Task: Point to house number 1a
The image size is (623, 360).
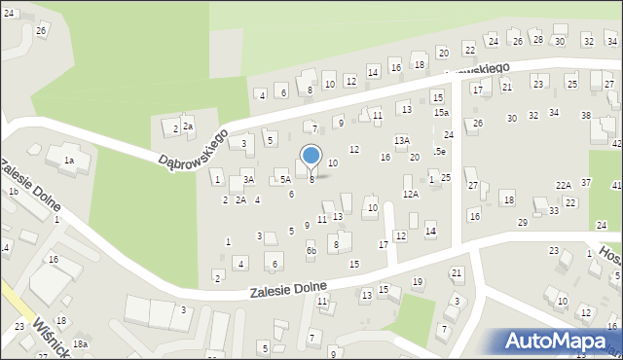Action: pyautogui.click(x=69, y=160)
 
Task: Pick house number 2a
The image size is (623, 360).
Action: pyautogui.click(x=188, y=126)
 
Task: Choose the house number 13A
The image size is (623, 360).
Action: pyautogui.click(x=401, y=140)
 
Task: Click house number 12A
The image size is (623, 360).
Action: pyautogui.click(x=411, y=194)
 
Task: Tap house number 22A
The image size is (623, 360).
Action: pyautogui.click(x=564, y=185)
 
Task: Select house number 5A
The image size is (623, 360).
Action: pyautogui.click(x=285, y=179)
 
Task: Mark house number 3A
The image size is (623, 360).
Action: pyautogui.click(x=248, y=180)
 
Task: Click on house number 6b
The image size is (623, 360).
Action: pyautogui.click(x=311, y=250)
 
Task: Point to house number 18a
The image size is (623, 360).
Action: pyautogui.click(x=82, y=344)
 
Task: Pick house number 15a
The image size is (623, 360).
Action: pyautogui.click(x=441, y=113)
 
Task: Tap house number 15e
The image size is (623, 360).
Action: pyautogui.click(x=440, y=152)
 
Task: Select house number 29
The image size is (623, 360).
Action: pyautogui.click(x=522, y=223)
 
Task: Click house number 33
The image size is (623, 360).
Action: pyautogui.click(x=553, y=210)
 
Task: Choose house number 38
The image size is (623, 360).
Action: pyautogui.click(x=585, y=116)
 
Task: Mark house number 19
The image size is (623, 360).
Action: pyautogui.click(x=417, y=281)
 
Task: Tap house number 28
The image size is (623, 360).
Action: pyautogui.click(x=537, y=39)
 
